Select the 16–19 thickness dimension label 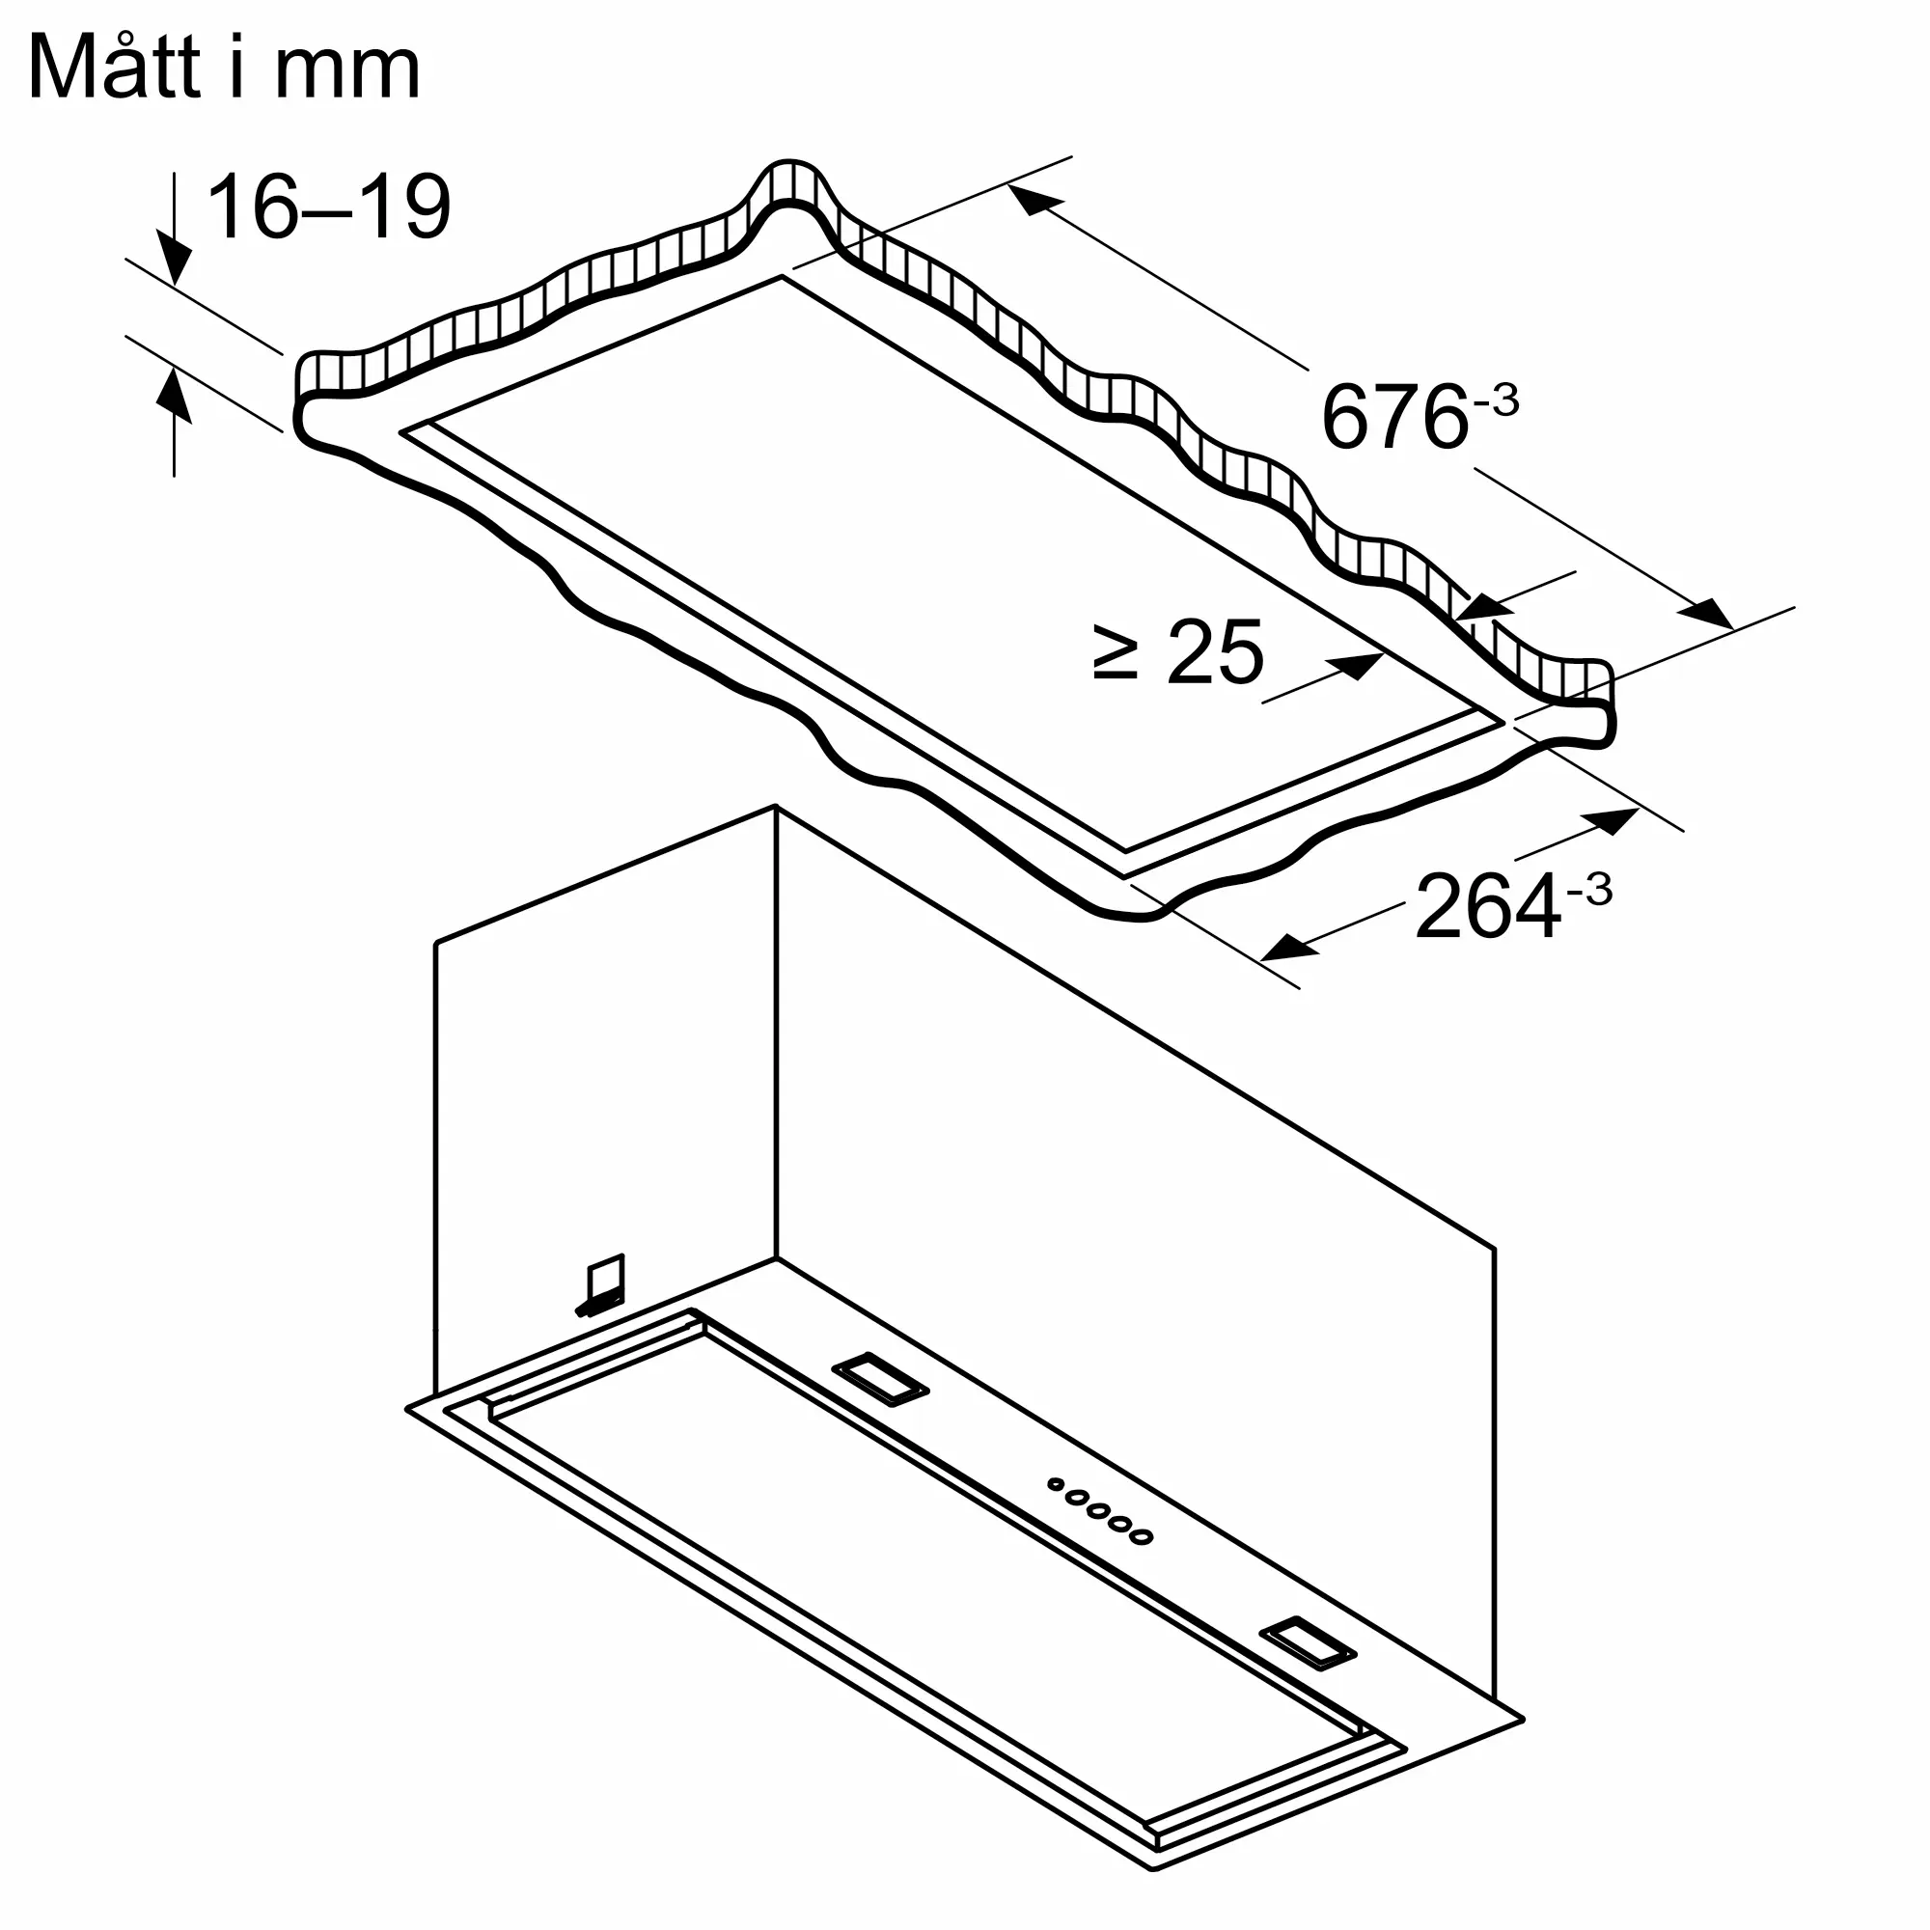[x=329, y=207]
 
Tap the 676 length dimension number [x=1394, y=419]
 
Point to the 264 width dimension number [x=1487, y=907]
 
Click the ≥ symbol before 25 [x=1115, y=653]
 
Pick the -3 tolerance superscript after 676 [x=1496, y=402]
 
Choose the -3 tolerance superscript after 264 [x=1588, y=889]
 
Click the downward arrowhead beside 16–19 [x=175, y=259]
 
